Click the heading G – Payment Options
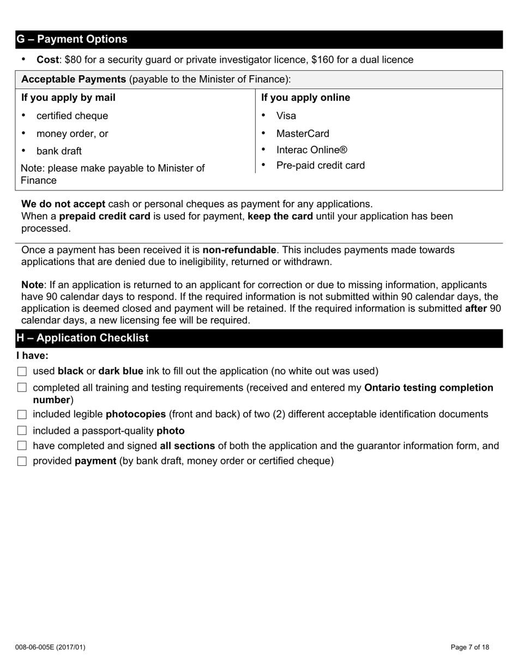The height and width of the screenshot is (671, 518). [x=72, y=39]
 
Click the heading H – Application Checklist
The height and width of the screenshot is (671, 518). [x=82, y=338]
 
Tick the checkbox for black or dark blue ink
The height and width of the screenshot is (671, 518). [x=22, y=372]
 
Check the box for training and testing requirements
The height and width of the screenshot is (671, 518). [x=22, y=388]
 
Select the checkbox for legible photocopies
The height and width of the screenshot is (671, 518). [x=22, y=415]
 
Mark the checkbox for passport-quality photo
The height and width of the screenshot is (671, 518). [x=22, y=431]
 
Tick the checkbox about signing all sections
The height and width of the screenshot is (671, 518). [x=22, y=446]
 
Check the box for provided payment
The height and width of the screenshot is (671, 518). [x=22, y=462]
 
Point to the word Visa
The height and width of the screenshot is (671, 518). [x=286, y=116]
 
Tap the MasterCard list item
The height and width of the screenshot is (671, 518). [x=303, y=134]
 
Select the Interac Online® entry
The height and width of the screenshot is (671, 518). [x=311, y=150]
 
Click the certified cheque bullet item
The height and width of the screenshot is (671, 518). [x=72, y=116]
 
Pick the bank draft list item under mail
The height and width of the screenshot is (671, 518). [x=59, y=151]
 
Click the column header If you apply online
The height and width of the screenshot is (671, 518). [x=305, y=98]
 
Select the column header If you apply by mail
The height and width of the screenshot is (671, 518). [x=68, y=98]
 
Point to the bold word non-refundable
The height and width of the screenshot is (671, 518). [x=239, y=250]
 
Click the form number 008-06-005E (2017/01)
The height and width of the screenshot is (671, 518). [x=50, y=648]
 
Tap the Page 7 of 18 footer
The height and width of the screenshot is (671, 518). [x=470, y=648]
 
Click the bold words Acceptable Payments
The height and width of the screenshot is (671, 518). [x=74, y=79]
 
